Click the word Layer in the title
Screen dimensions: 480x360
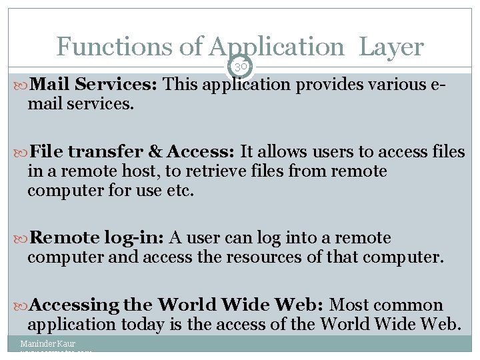(x=391, y=47)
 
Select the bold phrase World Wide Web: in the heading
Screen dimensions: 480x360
(x=241, y=305)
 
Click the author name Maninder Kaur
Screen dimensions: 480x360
(x=47, y=344)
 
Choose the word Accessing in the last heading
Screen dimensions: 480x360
(x=74, y=305)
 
